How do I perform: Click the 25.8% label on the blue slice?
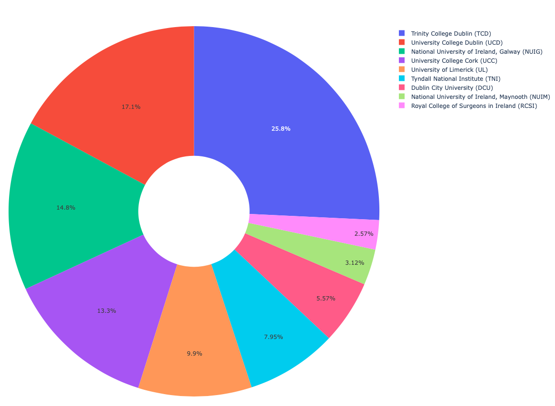281,129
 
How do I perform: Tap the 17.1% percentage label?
131,107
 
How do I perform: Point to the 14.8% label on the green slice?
66,208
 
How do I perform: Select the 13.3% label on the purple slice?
107,311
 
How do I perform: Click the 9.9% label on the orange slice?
194,354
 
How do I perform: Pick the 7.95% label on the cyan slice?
273,337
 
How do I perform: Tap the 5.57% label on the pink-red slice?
326,299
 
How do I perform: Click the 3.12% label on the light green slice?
354,262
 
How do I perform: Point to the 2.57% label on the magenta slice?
364,234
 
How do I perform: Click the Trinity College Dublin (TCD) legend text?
451,33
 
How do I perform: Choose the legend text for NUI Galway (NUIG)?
476,51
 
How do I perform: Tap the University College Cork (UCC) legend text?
451,60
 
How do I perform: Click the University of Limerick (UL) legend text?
449,69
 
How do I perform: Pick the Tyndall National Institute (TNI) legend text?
456,78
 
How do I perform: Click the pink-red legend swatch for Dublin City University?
402,87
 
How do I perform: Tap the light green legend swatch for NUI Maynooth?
402,97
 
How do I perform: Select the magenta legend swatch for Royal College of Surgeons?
402,106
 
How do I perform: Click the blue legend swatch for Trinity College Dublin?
402,33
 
